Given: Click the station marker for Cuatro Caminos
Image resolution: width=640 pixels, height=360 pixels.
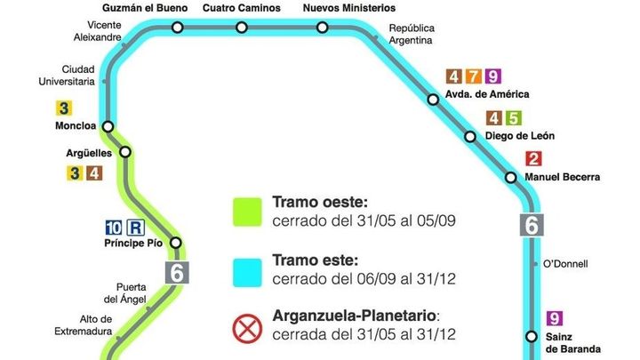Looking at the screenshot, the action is [x=243, y=28].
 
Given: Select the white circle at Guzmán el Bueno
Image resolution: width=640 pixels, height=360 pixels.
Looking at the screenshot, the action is [x=178, y=28].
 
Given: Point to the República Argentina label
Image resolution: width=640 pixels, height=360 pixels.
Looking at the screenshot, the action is [x=412, y=34].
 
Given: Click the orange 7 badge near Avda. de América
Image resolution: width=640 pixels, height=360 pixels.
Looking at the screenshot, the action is [x=474, y=76].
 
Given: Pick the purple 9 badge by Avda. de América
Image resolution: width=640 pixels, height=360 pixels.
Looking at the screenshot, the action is [x=493, y=76].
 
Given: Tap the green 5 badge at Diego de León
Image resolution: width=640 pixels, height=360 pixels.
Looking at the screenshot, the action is [x=512, y=118].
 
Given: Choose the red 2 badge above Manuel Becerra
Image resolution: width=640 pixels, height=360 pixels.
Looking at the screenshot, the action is [x=533, y=160].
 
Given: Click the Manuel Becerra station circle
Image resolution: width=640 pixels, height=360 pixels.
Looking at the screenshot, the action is [x=511, y=177].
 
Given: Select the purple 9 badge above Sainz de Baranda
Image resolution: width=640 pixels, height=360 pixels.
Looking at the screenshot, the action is [x=556, y=319].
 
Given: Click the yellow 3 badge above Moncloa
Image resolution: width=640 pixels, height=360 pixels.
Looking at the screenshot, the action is [x=64, y=109].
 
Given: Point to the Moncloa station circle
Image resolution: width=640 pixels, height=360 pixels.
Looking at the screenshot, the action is [x=108, y=126].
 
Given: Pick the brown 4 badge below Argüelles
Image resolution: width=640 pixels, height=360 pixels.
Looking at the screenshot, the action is [x=95, y=172].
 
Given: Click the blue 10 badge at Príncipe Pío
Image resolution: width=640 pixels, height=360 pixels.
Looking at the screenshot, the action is [x=114, y=226].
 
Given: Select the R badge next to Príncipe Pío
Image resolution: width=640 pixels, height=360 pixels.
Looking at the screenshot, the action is [x=135, y=226].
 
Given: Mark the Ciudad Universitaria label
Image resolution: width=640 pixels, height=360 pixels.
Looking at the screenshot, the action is [x=78, y=75].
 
